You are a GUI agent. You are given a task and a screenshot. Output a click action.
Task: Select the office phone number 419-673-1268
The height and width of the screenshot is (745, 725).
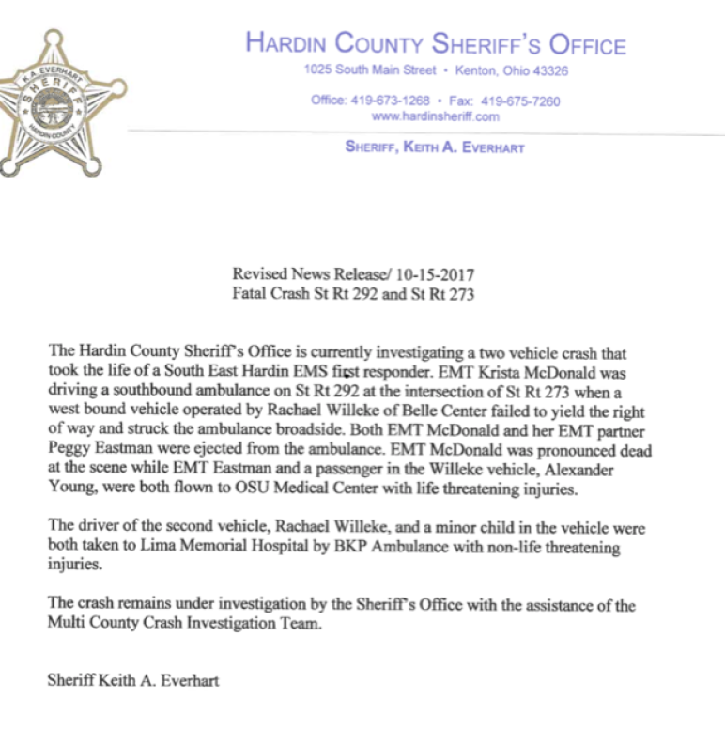[x=390, y=101]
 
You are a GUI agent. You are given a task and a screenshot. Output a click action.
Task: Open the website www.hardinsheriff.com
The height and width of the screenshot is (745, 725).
[x=436, y=116]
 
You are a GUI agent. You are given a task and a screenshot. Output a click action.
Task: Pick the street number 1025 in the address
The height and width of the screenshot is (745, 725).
[x=319, y=70]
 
